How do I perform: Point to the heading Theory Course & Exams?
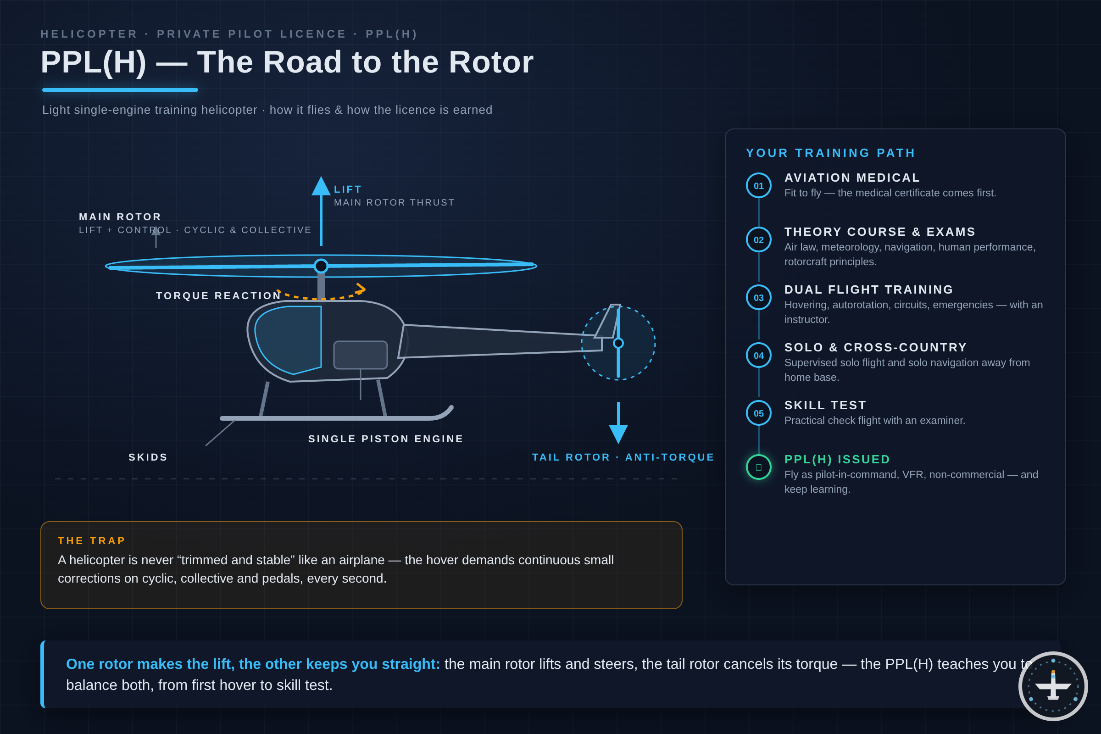coord(879,232)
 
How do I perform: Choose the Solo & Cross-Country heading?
coord(875,347)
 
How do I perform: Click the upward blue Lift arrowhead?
coord(321,186)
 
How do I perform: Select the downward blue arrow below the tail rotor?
coord(618,423)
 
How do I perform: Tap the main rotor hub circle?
coord(321,266)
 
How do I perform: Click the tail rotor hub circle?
coord(618,343)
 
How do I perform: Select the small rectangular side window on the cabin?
coord(360,355)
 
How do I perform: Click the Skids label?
coord(148,457)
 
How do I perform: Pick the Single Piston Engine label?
coord(386,439)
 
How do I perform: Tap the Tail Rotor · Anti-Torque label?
coord(623,457)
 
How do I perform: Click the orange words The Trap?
coord(92,541)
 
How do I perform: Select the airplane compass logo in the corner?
coord(1053,686)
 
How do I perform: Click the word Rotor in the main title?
coord(491,62)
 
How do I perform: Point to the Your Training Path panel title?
coord(830,153)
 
